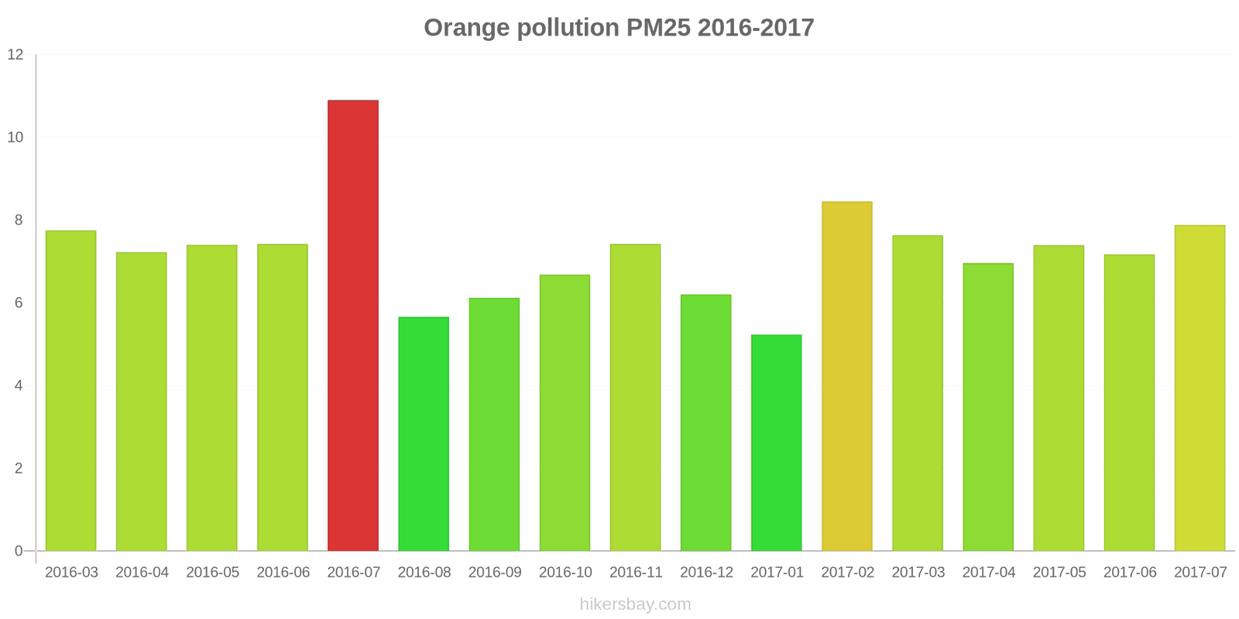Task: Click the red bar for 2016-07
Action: [x=353, y=325]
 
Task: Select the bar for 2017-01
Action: [x=776, y=443]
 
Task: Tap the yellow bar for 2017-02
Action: [x=846, y=376]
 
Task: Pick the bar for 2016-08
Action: [x=424, y=433]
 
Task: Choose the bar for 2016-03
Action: [x=70, y=391]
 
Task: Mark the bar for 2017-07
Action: [x=1200, y=388]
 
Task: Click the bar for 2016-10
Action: [x=565, y=412]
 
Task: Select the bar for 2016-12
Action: [x=705, y=422]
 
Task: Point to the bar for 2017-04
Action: [x=988, y=407]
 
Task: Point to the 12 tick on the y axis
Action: [x=15, y=55]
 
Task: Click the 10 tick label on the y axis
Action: [x=15, y=138]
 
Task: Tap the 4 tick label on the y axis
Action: [x=19, y=385]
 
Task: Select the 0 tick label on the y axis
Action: [x=19, y=551]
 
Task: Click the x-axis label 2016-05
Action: [x=213, y=573]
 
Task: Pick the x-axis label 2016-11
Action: [x=636, y=573]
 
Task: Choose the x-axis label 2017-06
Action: [x=1130, y=573]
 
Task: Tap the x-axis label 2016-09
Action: [x=495, y=573]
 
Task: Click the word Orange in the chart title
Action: [x=466, y=28]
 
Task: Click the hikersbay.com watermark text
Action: [x=635, y=604]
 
